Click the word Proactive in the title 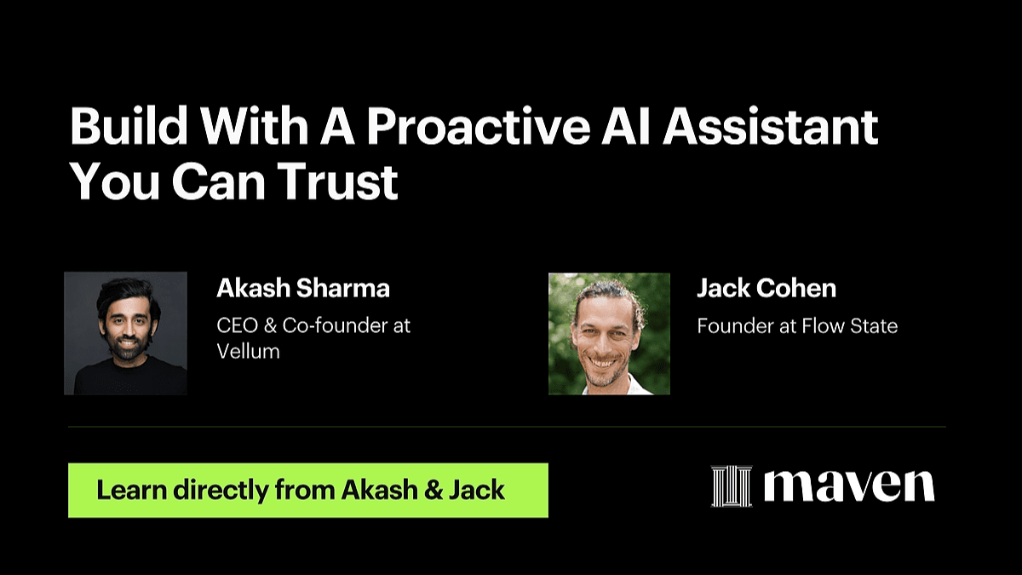tap(479, 126)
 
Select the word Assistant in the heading tap(771, 126)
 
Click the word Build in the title tap(129, 126)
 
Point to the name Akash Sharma tap(303, 288)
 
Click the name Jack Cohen tap(766, 288)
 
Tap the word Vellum tap(248, 351)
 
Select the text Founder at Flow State tap(797, 325)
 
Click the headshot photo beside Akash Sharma tap(125, 333)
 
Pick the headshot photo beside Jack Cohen tap(609, 334)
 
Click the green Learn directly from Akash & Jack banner tap(308, 490)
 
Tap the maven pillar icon tap(732, 486)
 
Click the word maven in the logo tap(849, 486)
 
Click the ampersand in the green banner tap(433, 490)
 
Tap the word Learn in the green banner tap(132, 490)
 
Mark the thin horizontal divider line tap(507, 427)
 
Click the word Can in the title tap(218, 181)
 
